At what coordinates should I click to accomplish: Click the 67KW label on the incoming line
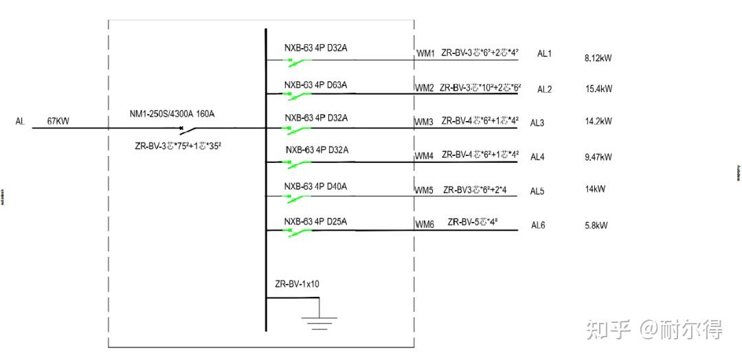click(x=58, y=122)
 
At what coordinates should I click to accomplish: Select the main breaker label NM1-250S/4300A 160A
click(x=172, y=113)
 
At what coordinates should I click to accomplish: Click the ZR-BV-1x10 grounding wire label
click(x=297, y=284)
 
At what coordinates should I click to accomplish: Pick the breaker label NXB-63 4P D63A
click(x=316, y=85)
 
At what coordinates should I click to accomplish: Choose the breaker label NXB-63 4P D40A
click(x=316, y=186)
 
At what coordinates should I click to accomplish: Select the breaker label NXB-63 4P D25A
click(x=316, y=221)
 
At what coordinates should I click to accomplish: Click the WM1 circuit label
click(x=425, y=53)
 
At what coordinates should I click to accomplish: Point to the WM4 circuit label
click(x=424, y=156)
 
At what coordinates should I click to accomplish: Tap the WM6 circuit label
click(x=424, y=225)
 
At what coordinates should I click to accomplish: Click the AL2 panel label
click(x=545, y=89)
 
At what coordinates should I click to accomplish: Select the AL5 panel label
click(x=537, y=191)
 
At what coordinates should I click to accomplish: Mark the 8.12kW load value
click(x=598, y=58)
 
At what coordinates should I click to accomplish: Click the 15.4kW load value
click(x=598, y=89)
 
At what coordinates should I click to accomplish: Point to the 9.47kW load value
click(x=598, y=157)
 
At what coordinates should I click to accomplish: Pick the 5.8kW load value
click(x=596, y=225)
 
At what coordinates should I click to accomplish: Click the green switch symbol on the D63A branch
click(x=299, y=95)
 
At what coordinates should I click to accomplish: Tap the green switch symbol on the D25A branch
click(x=299, y=232)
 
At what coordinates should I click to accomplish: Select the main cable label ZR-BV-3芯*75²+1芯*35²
click(x=178, y=146)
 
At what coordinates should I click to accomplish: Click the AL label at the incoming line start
click(x=20, y=122)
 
